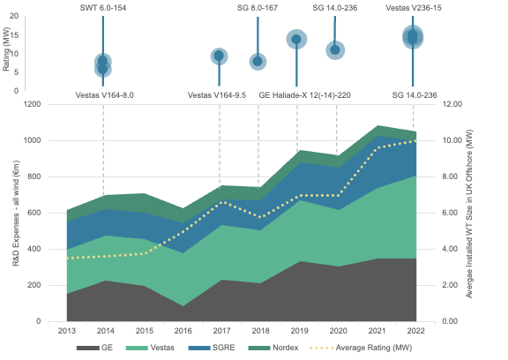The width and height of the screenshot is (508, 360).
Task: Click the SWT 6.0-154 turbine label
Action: [x=104, y=8]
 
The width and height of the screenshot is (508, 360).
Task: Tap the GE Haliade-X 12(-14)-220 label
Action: [x=304, y=94]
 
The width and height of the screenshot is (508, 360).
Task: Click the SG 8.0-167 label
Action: [x=258, y=8]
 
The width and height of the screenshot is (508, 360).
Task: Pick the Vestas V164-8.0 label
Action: [x=104, y=94]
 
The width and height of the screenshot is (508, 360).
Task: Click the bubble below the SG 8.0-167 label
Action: [x=258, y=61]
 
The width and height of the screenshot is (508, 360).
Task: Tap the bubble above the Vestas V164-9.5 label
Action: [x=219, y=56]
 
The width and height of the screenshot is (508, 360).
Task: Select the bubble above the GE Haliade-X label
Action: [x=296, y=39]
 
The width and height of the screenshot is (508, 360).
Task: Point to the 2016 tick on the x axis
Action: [x=182, y=330]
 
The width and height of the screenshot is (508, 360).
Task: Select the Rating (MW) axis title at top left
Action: [x=7, y=49]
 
